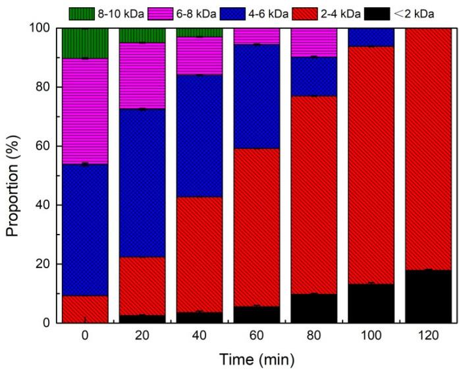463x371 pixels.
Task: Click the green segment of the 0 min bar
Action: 84,43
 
